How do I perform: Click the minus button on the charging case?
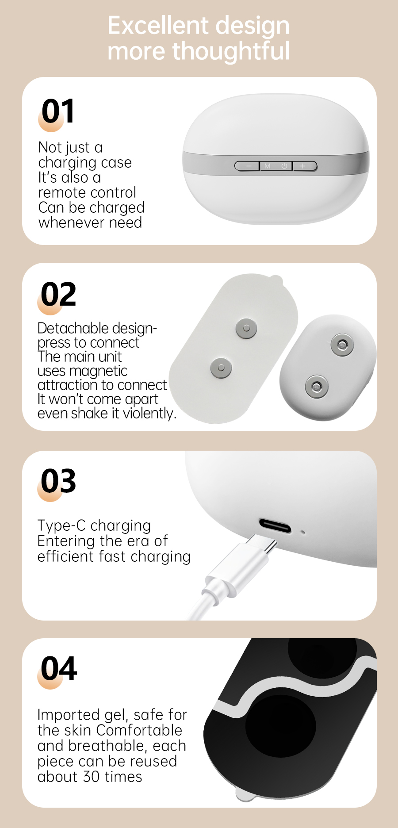(x=247, y=166)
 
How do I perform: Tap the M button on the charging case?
(x=268, y=166)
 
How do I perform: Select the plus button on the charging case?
(x=305, y=166)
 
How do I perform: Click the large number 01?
(x=58, y=111)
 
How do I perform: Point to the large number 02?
(x=58, y=294)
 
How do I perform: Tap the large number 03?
(x=58, y=481)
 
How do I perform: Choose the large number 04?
(x=59, y=668)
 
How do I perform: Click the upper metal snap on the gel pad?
(x=246, y=329)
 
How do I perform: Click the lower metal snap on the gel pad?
(x=221, y=368)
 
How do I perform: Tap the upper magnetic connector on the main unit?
(x=342, y=345)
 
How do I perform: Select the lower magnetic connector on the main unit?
(x=316, y=386)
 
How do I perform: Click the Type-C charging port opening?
(x=275, y=525)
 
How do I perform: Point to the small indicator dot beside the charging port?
(x=303, y=532)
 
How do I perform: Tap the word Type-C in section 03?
(x=61, y=525)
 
